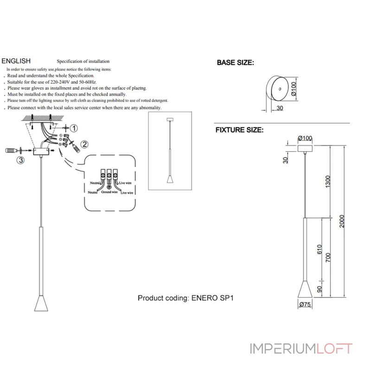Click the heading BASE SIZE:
[x=236, y=63]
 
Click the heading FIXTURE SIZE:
[x=239, y=130]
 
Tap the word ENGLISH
[x=16, y=61]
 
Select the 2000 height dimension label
[x=342, y=221]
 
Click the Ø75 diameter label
[x=305, y=304]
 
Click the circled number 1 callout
[x=74, y=128]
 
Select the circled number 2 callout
[x=84, y=144]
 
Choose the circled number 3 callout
[x=20, y=160]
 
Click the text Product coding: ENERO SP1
[x=185, y=298]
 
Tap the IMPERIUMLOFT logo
[x=301, y=349]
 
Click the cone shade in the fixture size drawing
[x=305, y=290]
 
